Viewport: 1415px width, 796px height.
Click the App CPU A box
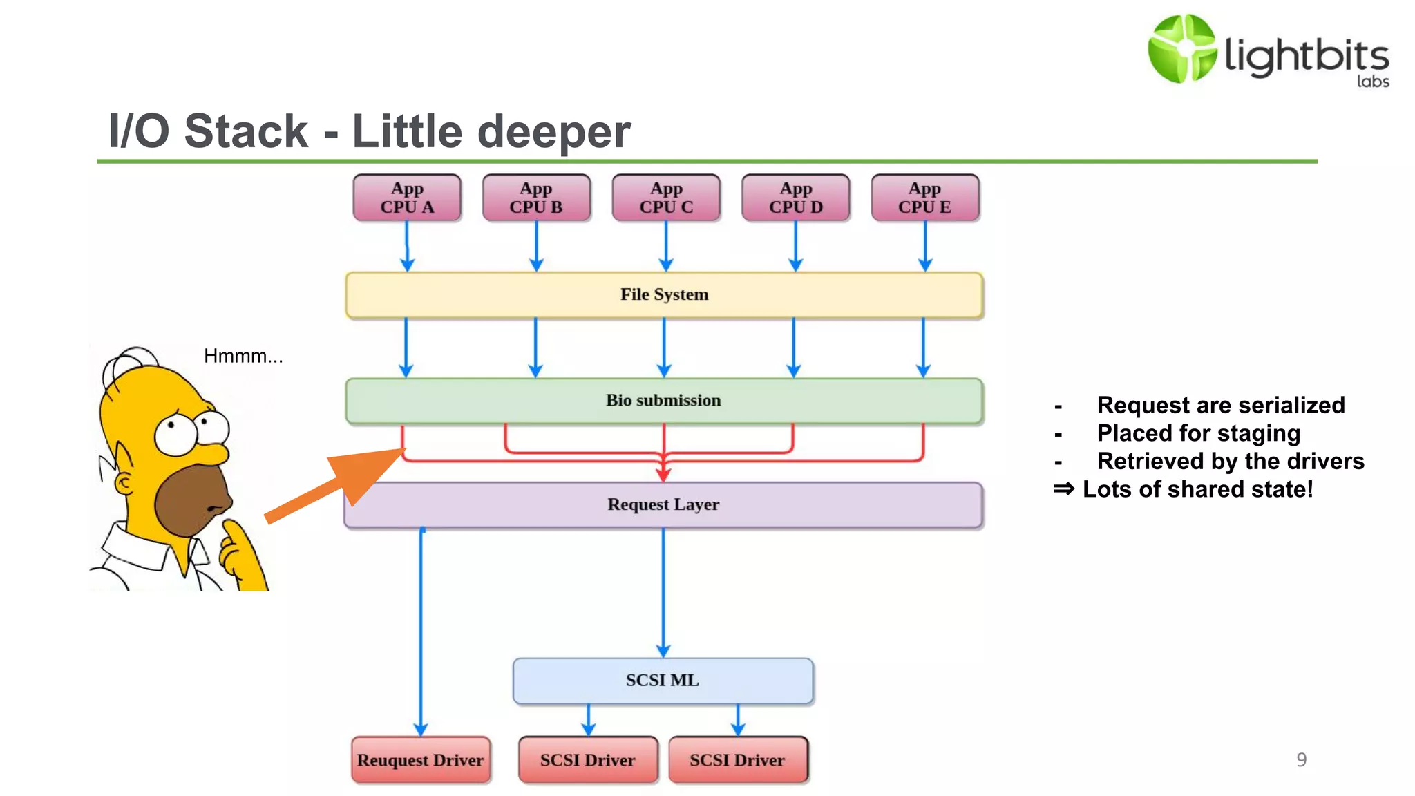coord(407,198)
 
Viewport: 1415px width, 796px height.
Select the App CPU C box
coord(666,198)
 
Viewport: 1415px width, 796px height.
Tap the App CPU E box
coord(925,198)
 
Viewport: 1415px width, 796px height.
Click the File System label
coord(664,294)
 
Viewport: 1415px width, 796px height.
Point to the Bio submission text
coord(663,400)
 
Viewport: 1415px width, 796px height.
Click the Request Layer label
coord(663,504)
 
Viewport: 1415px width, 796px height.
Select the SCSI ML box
coord(663,681)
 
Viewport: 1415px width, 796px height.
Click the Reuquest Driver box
coord(420,760)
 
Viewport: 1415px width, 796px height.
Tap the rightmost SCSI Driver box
coord(737,760)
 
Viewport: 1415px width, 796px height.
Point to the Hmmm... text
coord(243,356)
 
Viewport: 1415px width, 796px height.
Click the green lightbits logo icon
coord(1182,48)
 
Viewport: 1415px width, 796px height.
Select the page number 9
coord(1301,759)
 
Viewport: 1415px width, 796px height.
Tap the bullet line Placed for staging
coord(1198,433)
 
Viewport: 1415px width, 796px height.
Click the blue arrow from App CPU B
coord(536,245)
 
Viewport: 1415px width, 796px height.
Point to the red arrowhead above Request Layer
coord(663,475)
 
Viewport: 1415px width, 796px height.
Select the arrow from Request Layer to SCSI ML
coord(663,591)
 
